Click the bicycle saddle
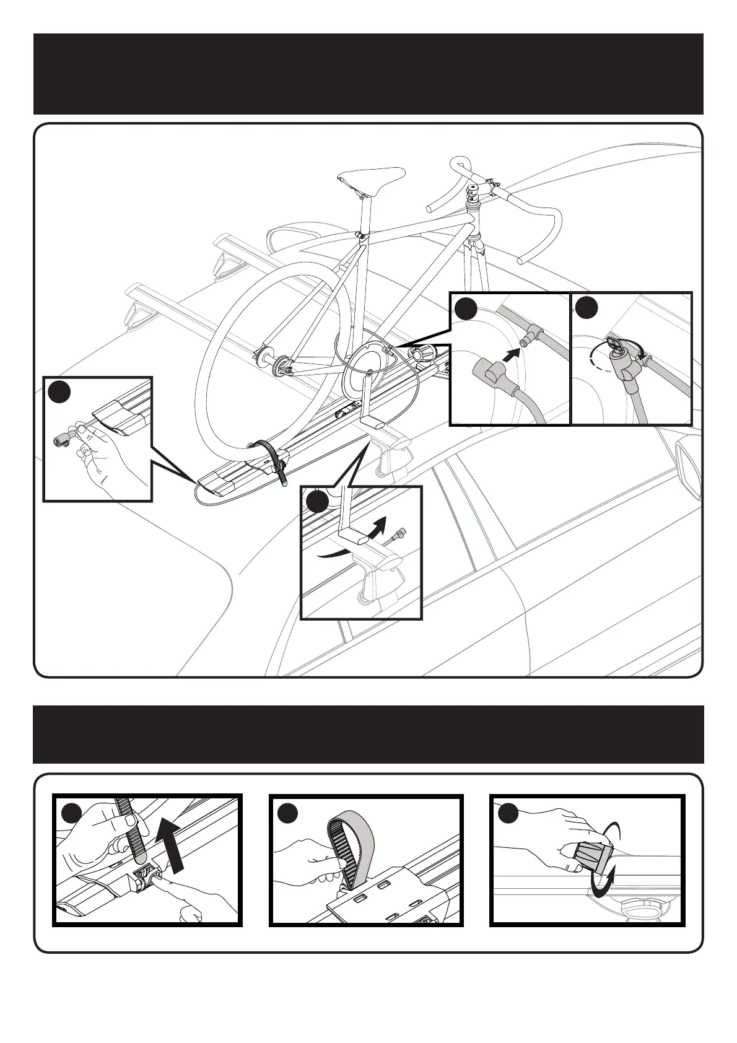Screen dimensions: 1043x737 (x=370, y=178)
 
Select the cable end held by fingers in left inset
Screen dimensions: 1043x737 (x=63, y=440)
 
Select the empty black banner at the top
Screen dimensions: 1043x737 (x=368, y=74)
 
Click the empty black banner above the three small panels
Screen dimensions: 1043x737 (x=368, y=734)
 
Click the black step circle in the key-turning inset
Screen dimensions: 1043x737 (x=586, y=307)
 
